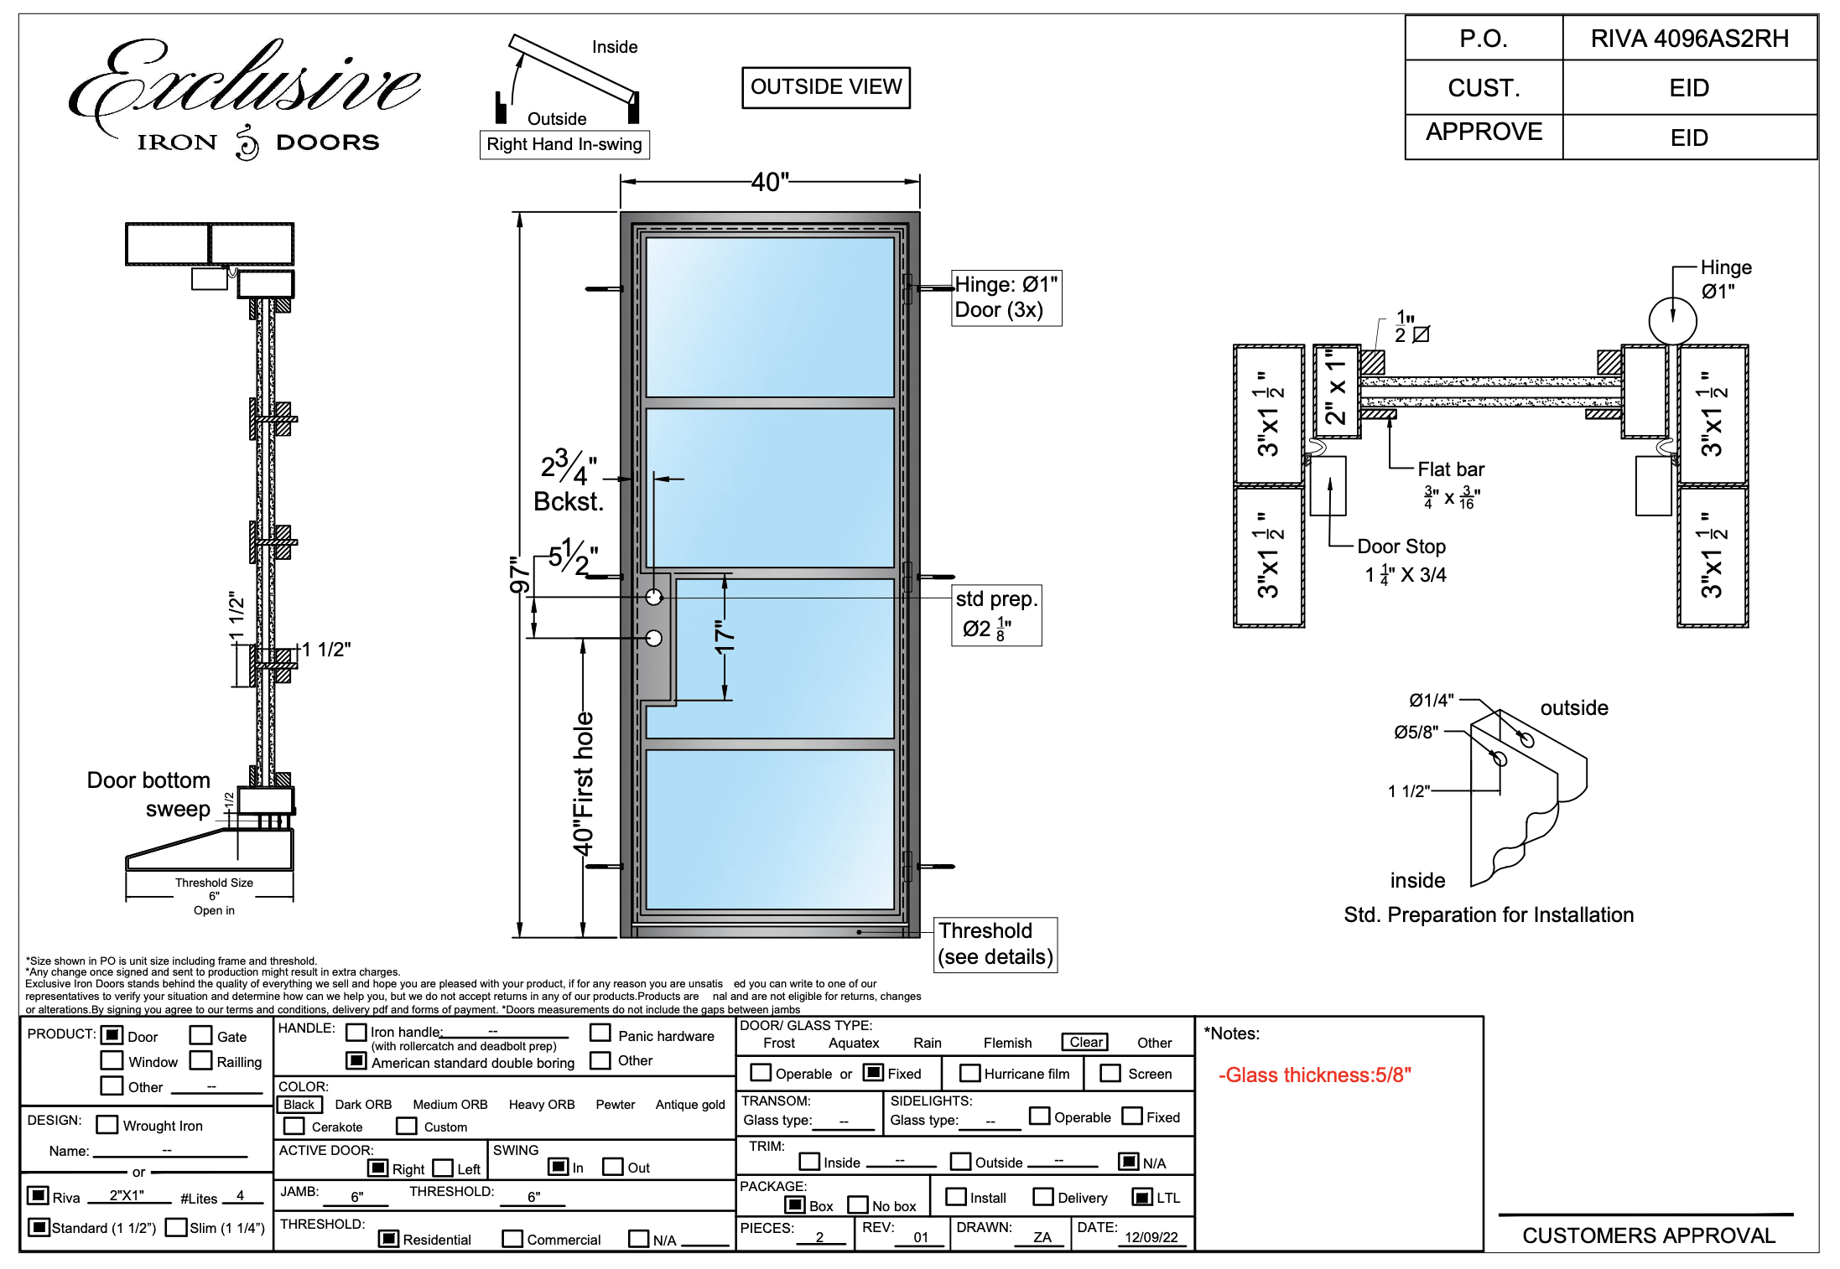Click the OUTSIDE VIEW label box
tap(825, 87)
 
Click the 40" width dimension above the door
tap(769, 182)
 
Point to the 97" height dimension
tap(520, 575)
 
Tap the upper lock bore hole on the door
tap(654, 598)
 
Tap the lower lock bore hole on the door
tap(654, 639)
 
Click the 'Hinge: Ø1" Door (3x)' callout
tap(1006, 298)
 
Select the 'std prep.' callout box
tap(996, 615)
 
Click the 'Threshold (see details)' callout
tap(995, 945)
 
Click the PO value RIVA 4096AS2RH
tap(1689, 39)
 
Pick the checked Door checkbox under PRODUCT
tap(112, 1035)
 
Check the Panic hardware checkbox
tap(600, 1033)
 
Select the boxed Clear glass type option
tap(1086, 1042)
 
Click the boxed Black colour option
tap(299, 1105)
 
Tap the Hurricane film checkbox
tap(969, 1073)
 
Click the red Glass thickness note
tap(1314, 1075)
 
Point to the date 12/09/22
tap(1151, 1237)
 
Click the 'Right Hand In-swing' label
tap(564, 144)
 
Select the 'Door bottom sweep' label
tap(150, 795)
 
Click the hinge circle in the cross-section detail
tap(1672, 321)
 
